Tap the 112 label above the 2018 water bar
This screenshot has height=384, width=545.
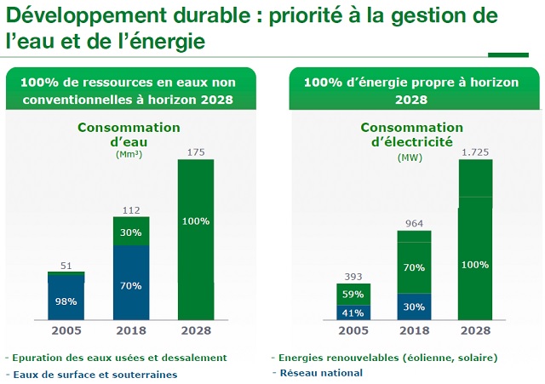click(131, 209)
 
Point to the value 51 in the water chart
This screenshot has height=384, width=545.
click(66, 265)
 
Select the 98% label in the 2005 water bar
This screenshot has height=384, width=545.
click(66, 301)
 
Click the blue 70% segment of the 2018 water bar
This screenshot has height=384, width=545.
click(131, 286)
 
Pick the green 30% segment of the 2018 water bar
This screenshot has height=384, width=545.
click(131, 232)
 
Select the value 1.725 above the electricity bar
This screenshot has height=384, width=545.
click(475, 152)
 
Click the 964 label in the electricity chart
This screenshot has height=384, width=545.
click(414, 223)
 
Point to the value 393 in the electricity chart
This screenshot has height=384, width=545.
click(352, 277)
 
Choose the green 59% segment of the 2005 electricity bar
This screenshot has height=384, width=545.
click(352, 295)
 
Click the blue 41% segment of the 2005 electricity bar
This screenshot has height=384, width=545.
click(352, 312)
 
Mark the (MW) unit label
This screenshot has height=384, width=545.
click(409, 158)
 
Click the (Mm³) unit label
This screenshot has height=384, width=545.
click(129, 154)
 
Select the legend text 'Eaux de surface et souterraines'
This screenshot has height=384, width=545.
click(94, 375)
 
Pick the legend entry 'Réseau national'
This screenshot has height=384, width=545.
click(321, 372)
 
